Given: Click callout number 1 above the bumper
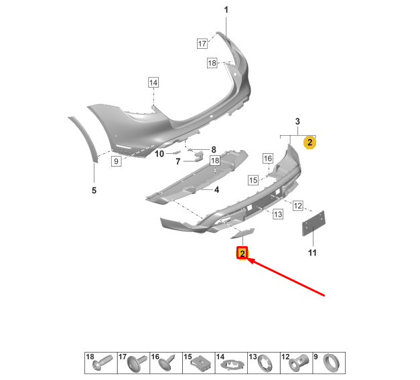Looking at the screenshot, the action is coord(226,10).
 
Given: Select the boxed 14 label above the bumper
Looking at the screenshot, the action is coord(153,82).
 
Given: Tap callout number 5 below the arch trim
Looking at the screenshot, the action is coord(94,190).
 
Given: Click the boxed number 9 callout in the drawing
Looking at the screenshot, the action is coord(116,161).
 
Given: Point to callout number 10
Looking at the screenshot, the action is coord(159,154).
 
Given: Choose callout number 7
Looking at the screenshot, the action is coord(178,161).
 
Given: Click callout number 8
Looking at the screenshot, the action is coord(214,150).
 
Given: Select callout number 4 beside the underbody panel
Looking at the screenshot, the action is coord(216,190).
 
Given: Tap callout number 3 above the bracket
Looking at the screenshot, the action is coord(297,122).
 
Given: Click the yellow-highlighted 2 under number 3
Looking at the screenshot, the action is coord(309,142).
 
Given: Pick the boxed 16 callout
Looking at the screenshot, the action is coord(268,159).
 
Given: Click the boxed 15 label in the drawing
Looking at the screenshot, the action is coord(253,180).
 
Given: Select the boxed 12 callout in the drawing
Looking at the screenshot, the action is coord(298,206).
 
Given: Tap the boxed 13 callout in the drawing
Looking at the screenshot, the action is coord(278,214).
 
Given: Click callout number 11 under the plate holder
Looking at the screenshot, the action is coord(312,253).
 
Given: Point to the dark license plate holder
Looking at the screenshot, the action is coord(313,223).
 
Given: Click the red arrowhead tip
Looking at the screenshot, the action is coord(249,260).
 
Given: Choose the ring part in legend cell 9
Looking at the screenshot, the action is coord(332,363).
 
